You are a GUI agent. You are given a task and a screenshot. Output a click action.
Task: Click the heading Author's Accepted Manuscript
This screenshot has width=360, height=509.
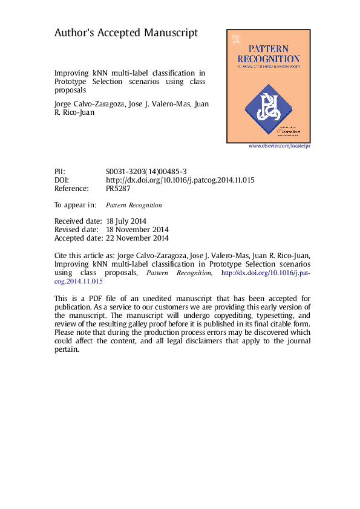126,33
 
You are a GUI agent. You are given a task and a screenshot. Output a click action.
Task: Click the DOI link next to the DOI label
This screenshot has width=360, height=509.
180,180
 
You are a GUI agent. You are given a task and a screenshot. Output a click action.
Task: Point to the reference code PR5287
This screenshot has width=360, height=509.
118,189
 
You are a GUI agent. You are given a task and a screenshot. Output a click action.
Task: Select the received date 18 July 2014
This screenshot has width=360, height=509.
126,221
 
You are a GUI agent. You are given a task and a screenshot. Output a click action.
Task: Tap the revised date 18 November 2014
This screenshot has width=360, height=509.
137,230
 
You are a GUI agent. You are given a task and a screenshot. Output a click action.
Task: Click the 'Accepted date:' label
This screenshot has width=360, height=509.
77,238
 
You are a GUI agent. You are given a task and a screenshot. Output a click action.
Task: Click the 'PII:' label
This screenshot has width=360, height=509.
60,172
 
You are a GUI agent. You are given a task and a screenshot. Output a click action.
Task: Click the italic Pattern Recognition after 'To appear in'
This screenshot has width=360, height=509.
138,205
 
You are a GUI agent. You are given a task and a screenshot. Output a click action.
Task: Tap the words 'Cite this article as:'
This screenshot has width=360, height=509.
88,256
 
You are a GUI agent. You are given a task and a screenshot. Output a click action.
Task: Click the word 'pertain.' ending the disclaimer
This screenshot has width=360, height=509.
67,349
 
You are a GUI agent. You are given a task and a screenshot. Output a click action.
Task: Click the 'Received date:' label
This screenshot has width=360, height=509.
77,221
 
